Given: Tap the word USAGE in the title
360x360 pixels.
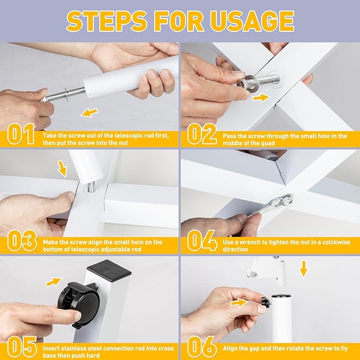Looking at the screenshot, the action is (x=252, y=21).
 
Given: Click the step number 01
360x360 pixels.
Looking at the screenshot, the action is (x=21, y=134).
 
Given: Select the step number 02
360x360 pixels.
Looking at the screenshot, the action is (x=202, y=134).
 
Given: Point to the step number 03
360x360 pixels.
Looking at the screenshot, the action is (x=22, y=241).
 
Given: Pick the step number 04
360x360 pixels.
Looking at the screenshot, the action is (x=202, y=241).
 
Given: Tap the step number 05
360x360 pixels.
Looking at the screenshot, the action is (x=22, y=347).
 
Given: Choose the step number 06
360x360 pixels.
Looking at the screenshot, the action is (x=202, y=347).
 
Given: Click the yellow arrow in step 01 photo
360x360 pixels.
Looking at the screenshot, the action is (x=90, y=112).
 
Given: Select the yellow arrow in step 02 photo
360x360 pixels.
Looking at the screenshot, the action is (x=261, y=98).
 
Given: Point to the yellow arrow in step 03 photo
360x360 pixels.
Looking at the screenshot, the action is (x=62, y=169).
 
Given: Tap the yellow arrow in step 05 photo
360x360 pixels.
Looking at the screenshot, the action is (x=54, y=282).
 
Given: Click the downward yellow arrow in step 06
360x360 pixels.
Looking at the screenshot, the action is (x=304, y=269).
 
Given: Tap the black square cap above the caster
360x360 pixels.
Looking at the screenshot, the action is (x=109, y=271).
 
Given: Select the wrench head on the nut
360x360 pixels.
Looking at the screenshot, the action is (x=286, y=201).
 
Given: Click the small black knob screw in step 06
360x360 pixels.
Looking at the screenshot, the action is (x=266, y=302).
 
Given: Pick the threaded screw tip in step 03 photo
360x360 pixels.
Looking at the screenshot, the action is (x=91, y=186).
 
